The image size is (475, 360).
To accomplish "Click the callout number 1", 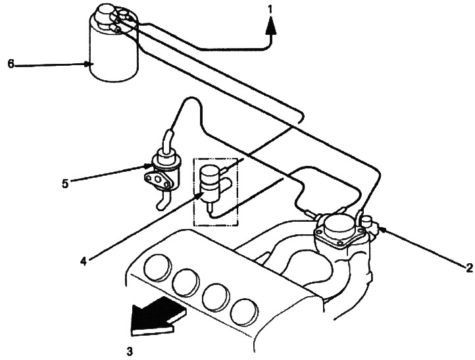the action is (270, 10).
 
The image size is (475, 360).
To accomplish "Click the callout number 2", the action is (469, 267).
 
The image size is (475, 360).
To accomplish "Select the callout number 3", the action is (130, 351).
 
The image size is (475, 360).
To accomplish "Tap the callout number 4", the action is (84, 261).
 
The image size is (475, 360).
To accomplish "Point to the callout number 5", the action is (65, 184).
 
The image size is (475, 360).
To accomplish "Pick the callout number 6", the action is (11, 64).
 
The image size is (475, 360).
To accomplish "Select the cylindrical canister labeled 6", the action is (114, 45).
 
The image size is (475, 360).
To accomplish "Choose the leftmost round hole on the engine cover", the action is (157, 266).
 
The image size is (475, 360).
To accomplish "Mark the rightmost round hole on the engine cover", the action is (244, 313).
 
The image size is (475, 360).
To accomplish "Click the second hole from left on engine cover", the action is (186, 282).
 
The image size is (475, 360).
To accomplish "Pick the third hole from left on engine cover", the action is (215, 297).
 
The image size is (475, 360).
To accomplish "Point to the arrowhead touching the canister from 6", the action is (88, 64).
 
